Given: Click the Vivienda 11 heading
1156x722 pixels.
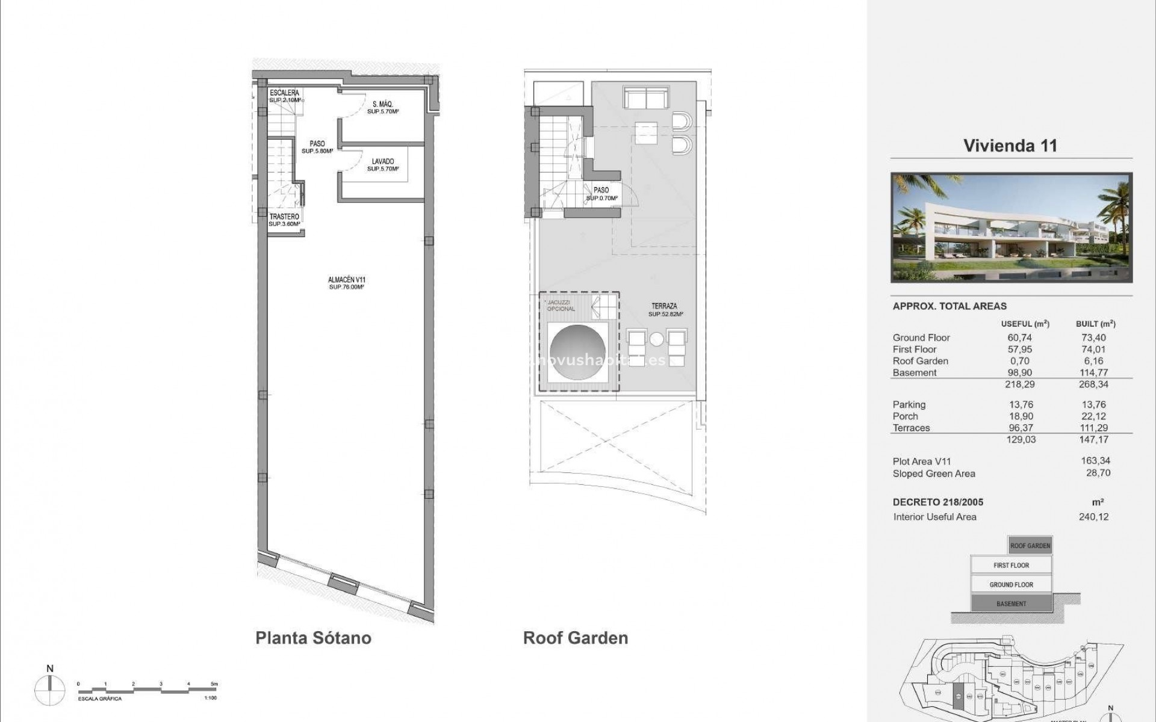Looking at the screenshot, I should click(1010, 146).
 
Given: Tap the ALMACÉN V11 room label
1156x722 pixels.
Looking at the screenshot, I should click(346, 280).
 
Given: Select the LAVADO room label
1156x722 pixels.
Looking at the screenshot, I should click(383, 161).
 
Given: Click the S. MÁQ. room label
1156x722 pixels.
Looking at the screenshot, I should click(383, 104).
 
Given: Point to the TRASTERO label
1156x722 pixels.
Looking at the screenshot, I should click(284, 217).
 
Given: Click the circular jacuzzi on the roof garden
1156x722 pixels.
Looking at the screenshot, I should click(577, 353).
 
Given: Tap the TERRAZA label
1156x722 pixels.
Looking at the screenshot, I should click(663, 306).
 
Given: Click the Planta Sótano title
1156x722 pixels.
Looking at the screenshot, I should click(313, 638).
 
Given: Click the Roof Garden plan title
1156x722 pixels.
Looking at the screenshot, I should click(576, 638).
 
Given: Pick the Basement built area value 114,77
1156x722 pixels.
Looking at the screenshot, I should click(1095, 372).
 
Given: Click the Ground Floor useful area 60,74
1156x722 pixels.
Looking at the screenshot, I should click(1019, 338).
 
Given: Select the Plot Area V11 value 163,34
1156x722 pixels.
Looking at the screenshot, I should click(1096, 461).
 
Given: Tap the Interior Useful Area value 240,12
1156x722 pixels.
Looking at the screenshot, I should click(1093, 517).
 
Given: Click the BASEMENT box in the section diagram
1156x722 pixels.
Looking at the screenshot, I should click(1011, 603).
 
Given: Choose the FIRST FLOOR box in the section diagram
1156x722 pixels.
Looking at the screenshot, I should click(1011, 565).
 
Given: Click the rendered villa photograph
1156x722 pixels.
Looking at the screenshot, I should click(1011, 227).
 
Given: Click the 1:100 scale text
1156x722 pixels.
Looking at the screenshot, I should click(210, 699).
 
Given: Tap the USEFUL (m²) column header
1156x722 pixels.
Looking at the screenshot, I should click(1025, 324).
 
